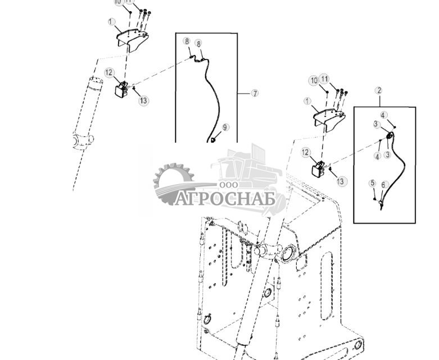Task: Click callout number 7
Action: coord(255,93)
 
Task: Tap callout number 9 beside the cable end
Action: coord(225,127)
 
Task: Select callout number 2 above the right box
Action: coord(379,90)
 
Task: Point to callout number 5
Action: coord(372,183)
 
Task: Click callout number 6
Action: coord(384,185)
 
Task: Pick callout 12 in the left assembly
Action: coord(109,72)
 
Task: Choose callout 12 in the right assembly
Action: coord(306,152)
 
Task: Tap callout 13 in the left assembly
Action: coord(144,101)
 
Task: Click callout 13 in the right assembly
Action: coord(342,181)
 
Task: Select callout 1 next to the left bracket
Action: coord(111,22)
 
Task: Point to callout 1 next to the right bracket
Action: coord(307,101)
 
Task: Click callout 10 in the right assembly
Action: coord(314,81)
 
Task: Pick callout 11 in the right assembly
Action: coord(324,78)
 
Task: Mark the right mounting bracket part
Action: coord(329,117)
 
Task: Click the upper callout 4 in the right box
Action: coord(383,116)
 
